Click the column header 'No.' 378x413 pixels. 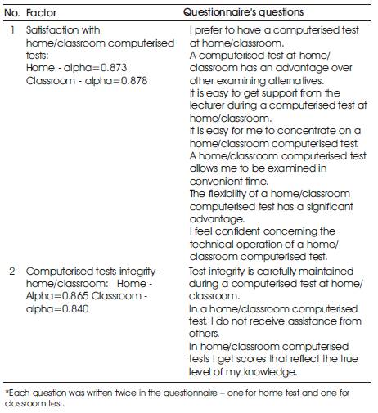click(x=13, y=14)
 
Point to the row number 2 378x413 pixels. click(x=11, y=271)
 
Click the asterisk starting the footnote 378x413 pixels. click(x=7, y=393)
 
